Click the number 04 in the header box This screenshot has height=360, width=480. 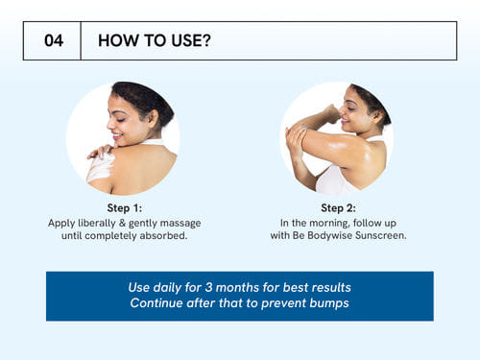[x=54, y=40]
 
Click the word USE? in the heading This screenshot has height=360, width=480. [x=191, y=40]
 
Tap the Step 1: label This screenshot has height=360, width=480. [x=125, y=208]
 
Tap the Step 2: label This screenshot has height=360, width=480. [x=338, y=208]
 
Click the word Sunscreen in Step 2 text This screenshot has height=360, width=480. [x=381, y=235]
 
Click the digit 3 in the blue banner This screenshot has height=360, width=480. [x=209, y=287]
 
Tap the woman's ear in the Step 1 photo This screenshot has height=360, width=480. [x=154, y=118]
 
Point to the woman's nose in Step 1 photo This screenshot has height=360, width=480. [x=110, y=123]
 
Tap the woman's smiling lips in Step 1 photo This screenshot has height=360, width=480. [x=117, y=136]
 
